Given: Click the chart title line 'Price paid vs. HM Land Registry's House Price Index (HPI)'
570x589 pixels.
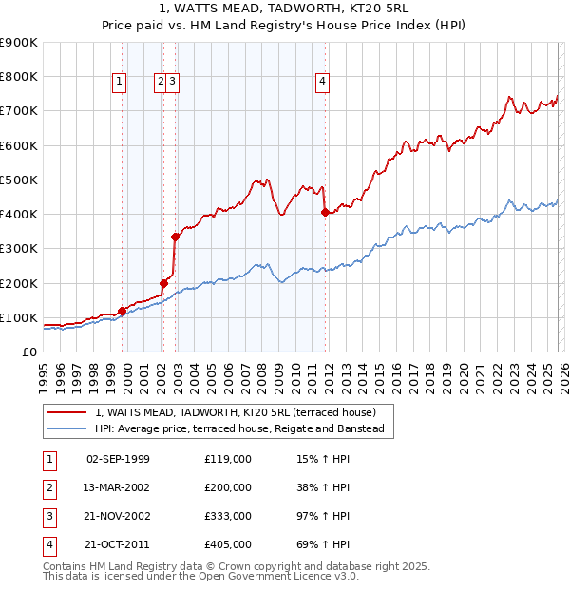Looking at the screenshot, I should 284,28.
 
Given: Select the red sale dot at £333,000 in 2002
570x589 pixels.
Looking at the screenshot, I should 175,237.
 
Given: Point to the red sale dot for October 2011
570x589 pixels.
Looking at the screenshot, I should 325,212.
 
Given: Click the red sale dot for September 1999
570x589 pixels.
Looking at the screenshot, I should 122,311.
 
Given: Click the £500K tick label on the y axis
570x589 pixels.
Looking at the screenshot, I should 19,180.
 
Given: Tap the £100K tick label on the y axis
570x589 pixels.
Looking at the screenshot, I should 19,317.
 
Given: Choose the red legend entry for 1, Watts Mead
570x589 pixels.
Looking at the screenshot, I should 236,412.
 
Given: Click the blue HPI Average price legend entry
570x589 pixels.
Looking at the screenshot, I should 238,429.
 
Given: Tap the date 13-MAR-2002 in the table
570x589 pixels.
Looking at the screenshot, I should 117,487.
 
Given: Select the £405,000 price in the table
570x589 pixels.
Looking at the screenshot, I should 228,544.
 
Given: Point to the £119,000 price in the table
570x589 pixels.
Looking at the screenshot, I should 228,459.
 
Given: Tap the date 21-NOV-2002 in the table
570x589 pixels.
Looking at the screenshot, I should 117,516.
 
